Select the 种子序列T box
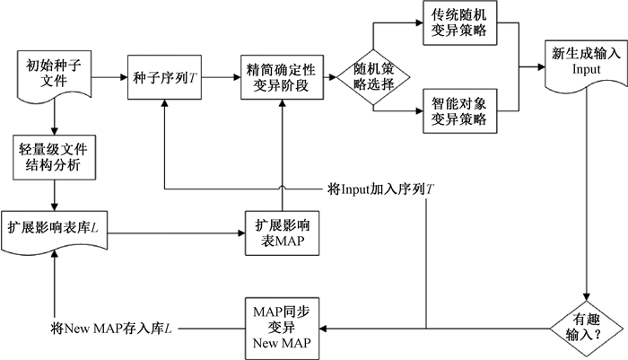[165, 75]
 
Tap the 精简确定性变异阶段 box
[282, 75]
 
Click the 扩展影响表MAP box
[282, 233]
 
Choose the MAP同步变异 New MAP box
[282, 325]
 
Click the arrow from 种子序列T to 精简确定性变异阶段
[220, 75]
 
